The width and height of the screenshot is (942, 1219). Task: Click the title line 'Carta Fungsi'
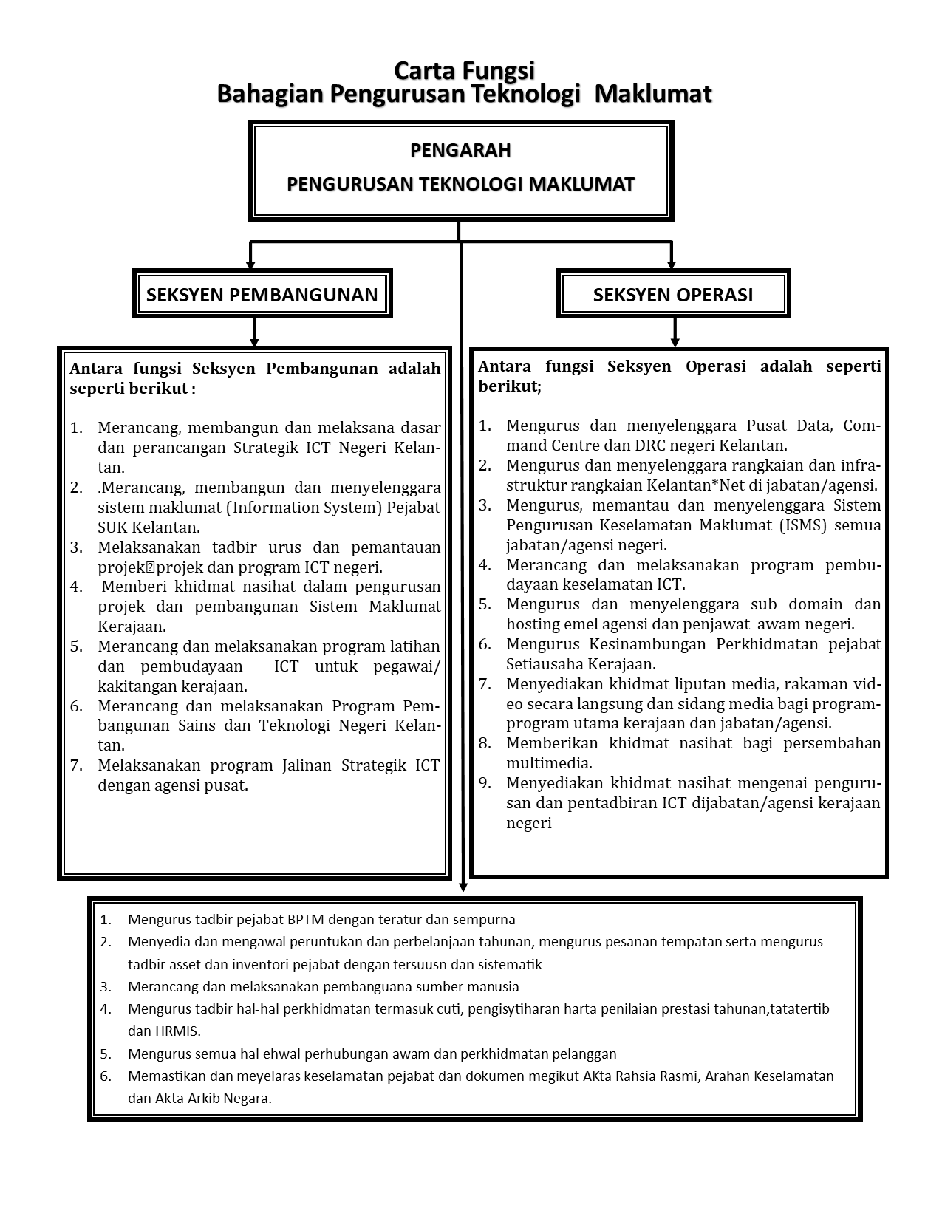[x=464, y=71]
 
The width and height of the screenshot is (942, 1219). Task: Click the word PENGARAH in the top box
[x=460, y=151]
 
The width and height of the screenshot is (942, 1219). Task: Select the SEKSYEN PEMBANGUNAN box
[x=262, y=294]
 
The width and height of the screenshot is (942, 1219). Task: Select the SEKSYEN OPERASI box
[x=673, y=294]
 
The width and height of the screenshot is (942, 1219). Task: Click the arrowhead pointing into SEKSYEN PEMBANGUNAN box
[x=250, y=264]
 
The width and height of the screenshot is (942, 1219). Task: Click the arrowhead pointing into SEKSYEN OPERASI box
[x=672, y=264]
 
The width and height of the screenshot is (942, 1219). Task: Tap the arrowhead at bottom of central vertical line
[x=463, y=886]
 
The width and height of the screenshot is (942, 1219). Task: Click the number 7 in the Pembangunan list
[x=76, y=765]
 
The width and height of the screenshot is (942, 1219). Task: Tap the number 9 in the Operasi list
[x=484, y=783]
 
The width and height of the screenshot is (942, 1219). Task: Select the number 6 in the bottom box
[x=105, y=1076]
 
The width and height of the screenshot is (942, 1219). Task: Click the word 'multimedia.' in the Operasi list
[x=549, y=763]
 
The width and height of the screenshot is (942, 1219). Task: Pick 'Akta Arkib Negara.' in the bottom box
[x=213, y=1099]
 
